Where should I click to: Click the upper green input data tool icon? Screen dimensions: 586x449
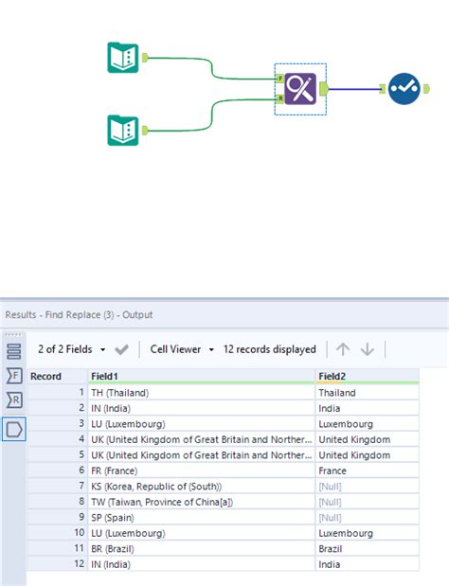pos(123,58)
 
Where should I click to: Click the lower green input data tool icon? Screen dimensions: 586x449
pos(123,130)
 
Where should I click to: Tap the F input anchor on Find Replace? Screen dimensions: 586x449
pos(279,80)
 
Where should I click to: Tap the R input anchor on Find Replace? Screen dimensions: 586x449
pos(279,98)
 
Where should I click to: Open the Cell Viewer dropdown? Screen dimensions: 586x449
pos(182,349)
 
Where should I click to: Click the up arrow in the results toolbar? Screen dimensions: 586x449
pos(343,349)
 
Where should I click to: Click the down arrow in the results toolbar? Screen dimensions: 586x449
pos(368,349)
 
